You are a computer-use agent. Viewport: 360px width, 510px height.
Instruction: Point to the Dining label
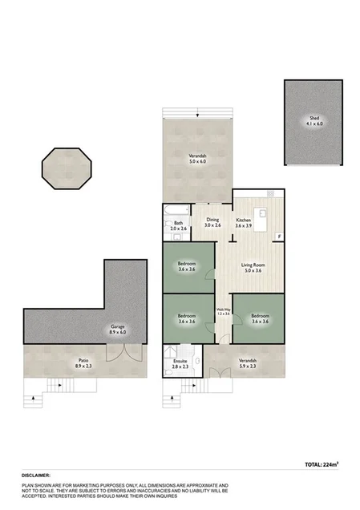tap(212, 222)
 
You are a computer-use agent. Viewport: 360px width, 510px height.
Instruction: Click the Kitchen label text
tap(244, 222)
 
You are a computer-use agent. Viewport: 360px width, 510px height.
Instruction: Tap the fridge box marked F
tap(278, 237)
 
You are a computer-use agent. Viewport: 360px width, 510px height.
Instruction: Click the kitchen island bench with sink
tap(271, 210)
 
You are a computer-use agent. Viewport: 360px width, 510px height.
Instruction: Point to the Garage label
tap(118, 329)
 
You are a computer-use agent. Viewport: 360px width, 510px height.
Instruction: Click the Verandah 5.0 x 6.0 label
tap(196, 158)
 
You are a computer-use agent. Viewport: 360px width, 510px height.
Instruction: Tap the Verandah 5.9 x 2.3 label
tap(249, 363)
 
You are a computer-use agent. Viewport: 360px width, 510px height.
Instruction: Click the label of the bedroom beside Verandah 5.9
tap(259, 318)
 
